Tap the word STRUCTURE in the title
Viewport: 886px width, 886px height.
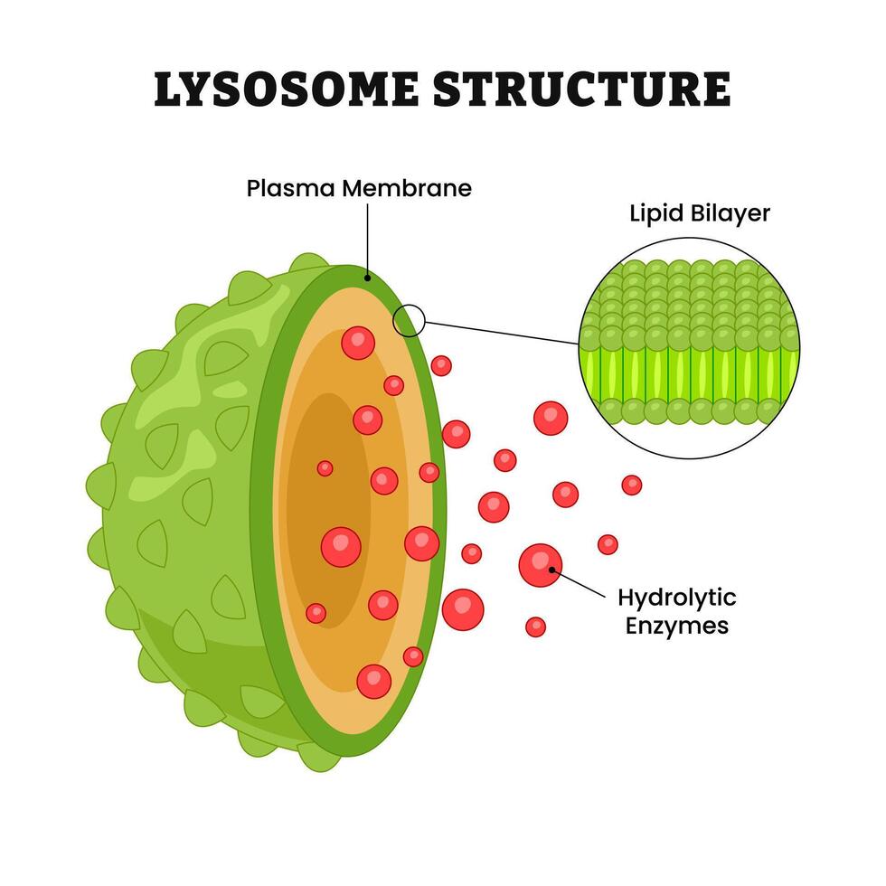coord(581,89)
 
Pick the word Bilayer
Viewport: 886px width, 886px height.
coord(730,214)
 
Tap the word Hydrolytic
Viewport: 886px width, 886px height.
coord(676,598)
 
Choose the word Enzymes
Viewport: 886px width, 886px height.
coord(676,625)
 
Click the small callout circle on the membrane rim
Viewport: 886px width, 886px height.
coord(410,319)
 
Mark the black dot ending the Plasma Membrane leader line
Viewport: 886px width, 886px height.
coord(367,277)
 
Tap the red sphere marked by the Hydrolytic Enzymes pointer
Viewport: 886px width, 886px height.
coord(540,565)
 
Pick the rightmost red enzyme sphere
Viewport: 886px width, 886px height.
coord(632,485)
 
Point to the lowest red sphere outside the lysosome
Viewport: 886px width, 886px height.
coord(535,627)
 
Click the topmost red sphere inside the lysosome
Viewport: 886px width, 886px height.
coord(358,343)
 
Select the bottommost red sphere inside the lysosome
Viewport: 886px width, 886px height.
coord(373,681)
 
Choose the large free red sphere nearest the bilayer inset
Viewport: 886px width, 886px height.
coord(550,418)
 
